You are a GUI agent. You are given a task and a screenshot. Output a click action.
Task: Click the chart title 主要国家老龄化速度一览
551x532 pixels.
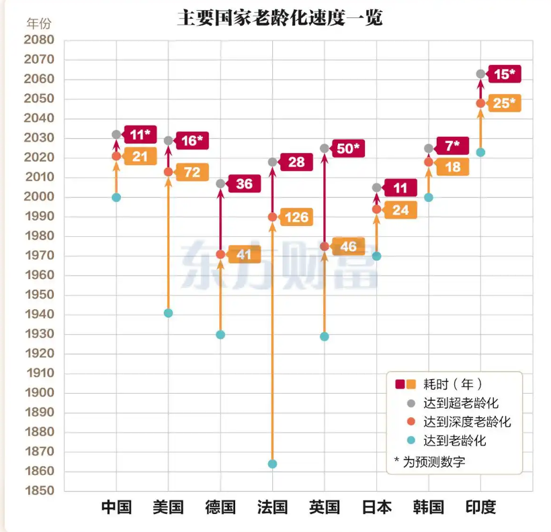[280, 17]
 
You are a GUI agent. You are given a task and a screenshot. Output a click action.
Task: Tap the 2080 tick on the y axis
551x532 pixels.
[38, 40]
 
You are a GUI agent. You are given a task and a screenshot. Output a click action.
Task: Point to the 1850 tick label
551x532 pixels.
[38, 490]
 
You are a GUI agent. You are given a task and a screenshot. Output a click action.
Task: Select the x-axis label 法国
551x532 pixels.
[272, 507]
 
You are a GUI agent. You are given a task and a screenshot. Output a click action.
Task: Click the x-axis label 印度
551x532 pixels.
[480, 507]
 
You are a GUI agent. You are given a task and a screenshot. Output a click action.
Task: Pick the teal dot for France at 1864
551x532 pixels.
[272, 464]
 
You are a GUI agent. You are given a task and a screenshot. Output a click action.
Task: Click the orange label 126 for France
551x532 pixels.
[296, 217]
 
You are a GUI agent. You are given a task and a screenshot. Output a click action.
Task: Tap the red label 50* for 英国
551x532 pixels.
[348, 148]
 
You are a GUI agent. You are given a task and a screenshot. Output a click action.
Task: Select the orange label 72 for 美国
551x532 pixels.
[192, 172]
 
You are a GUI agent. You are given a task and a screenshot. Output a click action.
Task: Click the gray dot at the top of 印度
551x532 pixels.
[480, 74]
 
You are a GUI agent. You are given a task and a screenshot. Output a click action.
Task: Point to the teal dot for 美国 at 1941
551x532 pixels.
[169, 313]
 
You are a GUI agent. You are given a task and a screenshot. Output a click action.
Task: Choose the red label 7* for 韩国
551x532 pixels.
[452, 145]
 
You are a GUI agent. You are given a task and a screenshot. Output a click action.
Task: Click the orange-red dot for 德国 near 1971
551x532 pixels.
[220, 254]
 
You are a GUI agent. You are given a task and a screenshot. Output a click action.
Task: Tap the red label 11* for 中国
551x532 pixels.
[140, 134]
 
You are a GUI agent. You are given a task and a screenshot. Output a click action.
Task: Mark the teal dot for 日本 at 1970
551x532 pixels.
[376, 256]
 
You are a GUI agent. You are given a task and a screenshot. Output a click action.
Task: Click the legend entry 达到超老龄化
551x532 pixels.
[460, 403]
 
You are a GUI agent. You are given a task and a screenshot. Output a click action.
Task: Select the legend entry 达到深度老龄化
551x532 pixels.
[467, 422]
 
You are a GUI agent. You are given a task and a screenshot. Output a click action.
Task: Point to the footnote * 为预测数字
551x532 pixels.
[429, 461]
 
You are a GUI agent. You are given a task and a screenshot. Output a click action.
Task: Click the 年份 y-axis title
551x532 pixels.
[38, 23]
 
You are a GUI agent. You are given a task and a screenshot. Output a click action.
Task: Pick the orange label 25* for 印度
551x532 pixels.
[504, 103]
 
